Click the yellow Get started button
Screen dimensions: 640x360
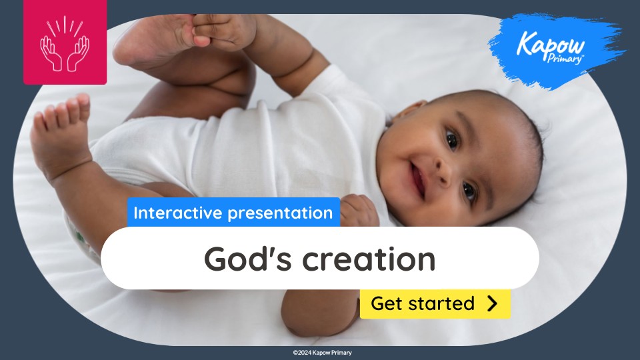point(435,304)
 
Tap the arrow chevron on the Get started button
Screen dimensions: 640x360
point(493,304)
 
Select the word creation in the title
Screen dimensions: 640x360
point(369,259)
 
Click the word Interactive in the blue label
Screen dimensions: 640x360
point(178,213)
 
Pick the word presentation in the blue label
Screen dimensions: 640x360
point(280,213)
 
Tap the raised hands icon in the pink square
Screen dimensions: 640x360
point(65,45)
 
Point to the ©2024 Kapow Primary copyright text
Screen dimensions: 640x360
point(322,353)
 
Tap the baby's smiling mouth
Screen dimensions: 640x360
point(419,179)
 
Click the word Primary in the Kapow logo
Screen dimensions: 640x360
point(565,59)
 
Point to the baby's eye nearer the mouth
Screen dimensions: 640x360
point(469,191)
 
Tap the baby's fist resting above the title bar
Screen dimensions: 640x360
point(359,210)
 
